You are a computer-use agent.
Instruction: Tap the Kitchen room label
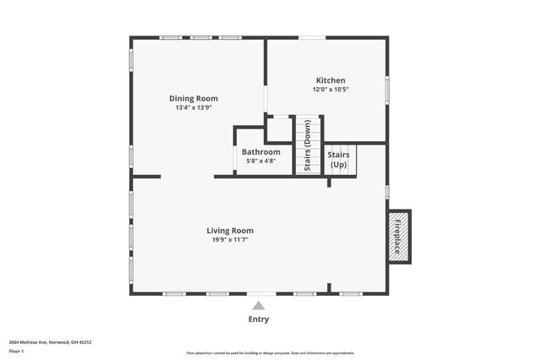click(x=331, y=80)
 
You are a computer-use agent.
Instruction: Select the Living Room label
click(x=230, y=230)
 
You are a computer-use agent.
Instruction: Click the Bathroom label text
click(x=260, y=152)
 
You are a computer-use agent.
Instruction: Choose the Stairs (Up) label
click(x=338, y=160)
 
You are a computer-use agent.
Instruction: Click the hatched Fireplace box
click(x=397, y=235)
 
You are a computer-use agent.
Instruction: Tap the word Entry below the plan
click(x=259, y=319)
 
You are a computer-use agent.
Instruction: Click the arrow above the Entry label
click(x=259, y=305)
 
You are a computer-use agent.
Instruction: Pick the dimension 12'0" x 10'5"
click(x=331, y=90)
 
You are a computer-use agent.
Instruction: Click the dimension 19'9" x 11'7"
click(x=230, y=239)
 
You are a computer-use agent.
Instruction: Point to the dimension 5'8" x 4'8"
click(x=260, y=161)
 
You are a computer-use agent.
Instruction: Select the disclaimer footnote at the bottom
click(x=270, y=352)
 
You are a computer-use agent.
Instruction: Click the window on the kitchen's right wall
click(x=386, y=89)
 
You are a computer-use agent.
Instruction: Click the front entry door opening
click(x=259, y=294)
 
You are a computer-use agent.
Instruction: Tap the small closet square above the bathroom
click(x=279, y=131)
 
